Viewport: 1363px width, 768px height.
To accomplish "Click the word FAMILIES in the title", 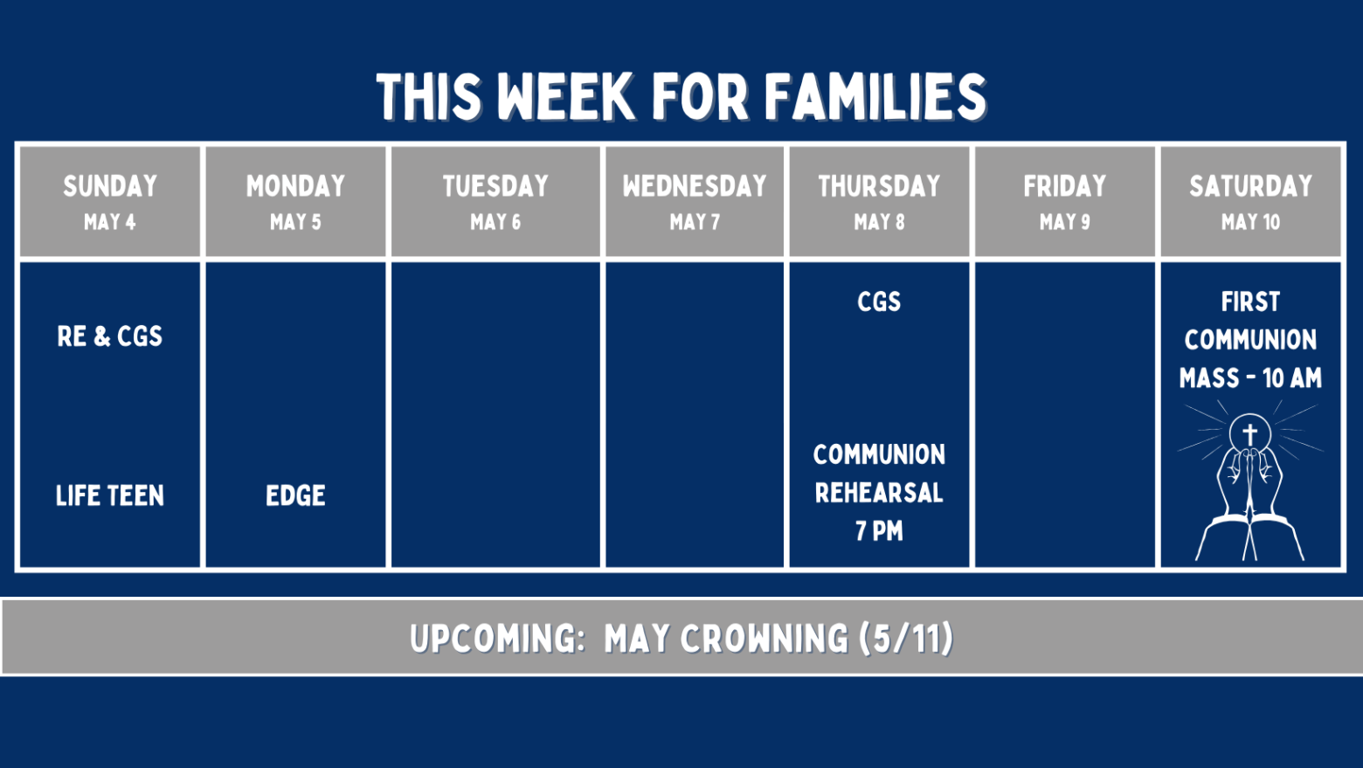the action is [875, 97].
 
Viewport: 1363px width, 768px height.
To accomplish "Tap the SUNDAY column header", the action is [110, 185].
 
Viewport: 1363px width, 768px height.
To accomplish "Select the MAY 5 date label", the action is [295, 222].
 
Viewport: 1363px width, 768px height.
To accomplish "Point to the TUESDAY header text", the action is [495, 185].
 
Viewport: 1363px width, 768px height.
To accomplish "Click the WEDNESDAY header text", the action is [695, 185].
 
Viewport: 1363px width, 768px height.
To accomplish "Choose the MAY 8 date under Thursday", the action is [879, 222].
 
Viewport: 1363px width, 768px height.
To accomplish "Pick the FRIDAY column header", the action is [1065, 185].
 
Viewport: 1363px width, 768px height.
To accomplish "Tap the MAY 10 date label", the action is [1250, 222].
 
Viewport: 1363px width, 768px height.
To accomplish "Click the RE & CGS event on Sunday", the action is [110, 336].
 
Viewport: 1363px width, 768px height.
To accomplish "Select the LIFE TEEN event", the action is [110, 495].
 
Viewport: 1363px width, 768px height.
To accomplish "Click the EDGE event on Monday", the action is [295, 495].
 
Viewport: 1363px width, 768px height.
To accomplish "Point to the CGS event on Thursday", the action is [879, 301].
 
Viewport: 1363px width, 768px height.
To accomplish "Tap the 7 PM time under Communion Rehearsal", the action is [879, 530].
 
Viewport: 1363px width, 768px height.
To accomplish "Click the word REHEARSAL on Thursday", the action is [879, 493].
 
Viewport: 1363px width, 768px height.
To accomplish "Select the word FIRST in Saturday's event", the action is [1250, 301].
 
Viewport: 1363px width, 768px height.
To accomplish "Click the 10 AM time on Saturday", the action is [1292, 378].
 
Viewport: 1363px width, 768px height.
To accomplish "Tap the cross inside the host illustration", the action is [1249, 434].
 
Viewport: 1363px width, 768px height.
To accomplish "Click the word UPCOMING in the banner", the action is [497, 639].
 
